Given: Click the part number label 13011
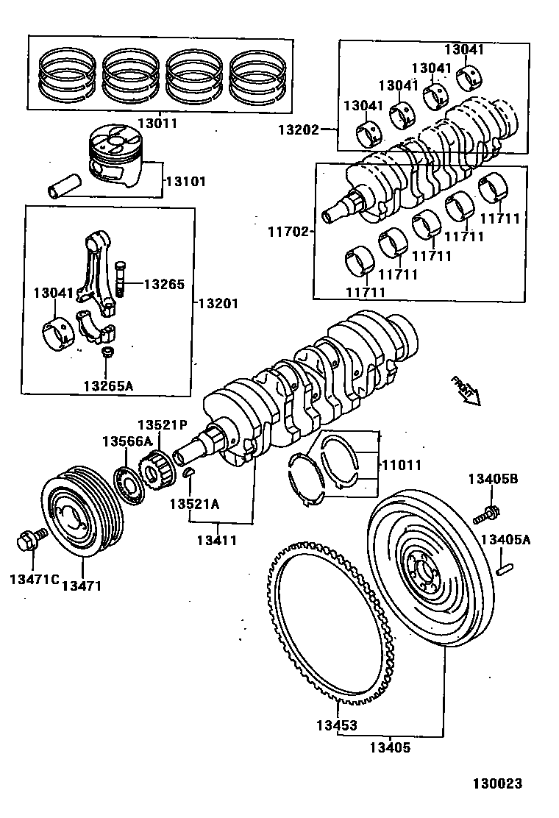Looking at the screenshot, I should [157, 124].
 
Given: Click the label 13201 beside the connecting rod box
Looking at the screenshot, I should [218, 303].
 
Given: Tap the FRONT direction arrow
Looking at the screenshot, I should [466, 390].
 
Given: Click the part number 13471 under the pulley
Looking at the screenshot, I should [82, 586].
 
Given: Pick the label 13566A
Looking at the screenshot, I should [127, 441].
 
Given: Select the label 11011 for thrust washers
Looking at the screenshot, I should [401, 466].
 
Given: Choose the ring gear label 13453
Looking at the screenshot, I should [337, 725].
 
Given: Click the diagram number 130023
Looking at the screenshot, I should [498, 784].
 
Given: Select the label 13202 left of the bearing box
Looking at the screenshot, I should [298, 130].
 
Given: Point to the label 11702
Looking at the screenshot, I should [288, 230].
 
